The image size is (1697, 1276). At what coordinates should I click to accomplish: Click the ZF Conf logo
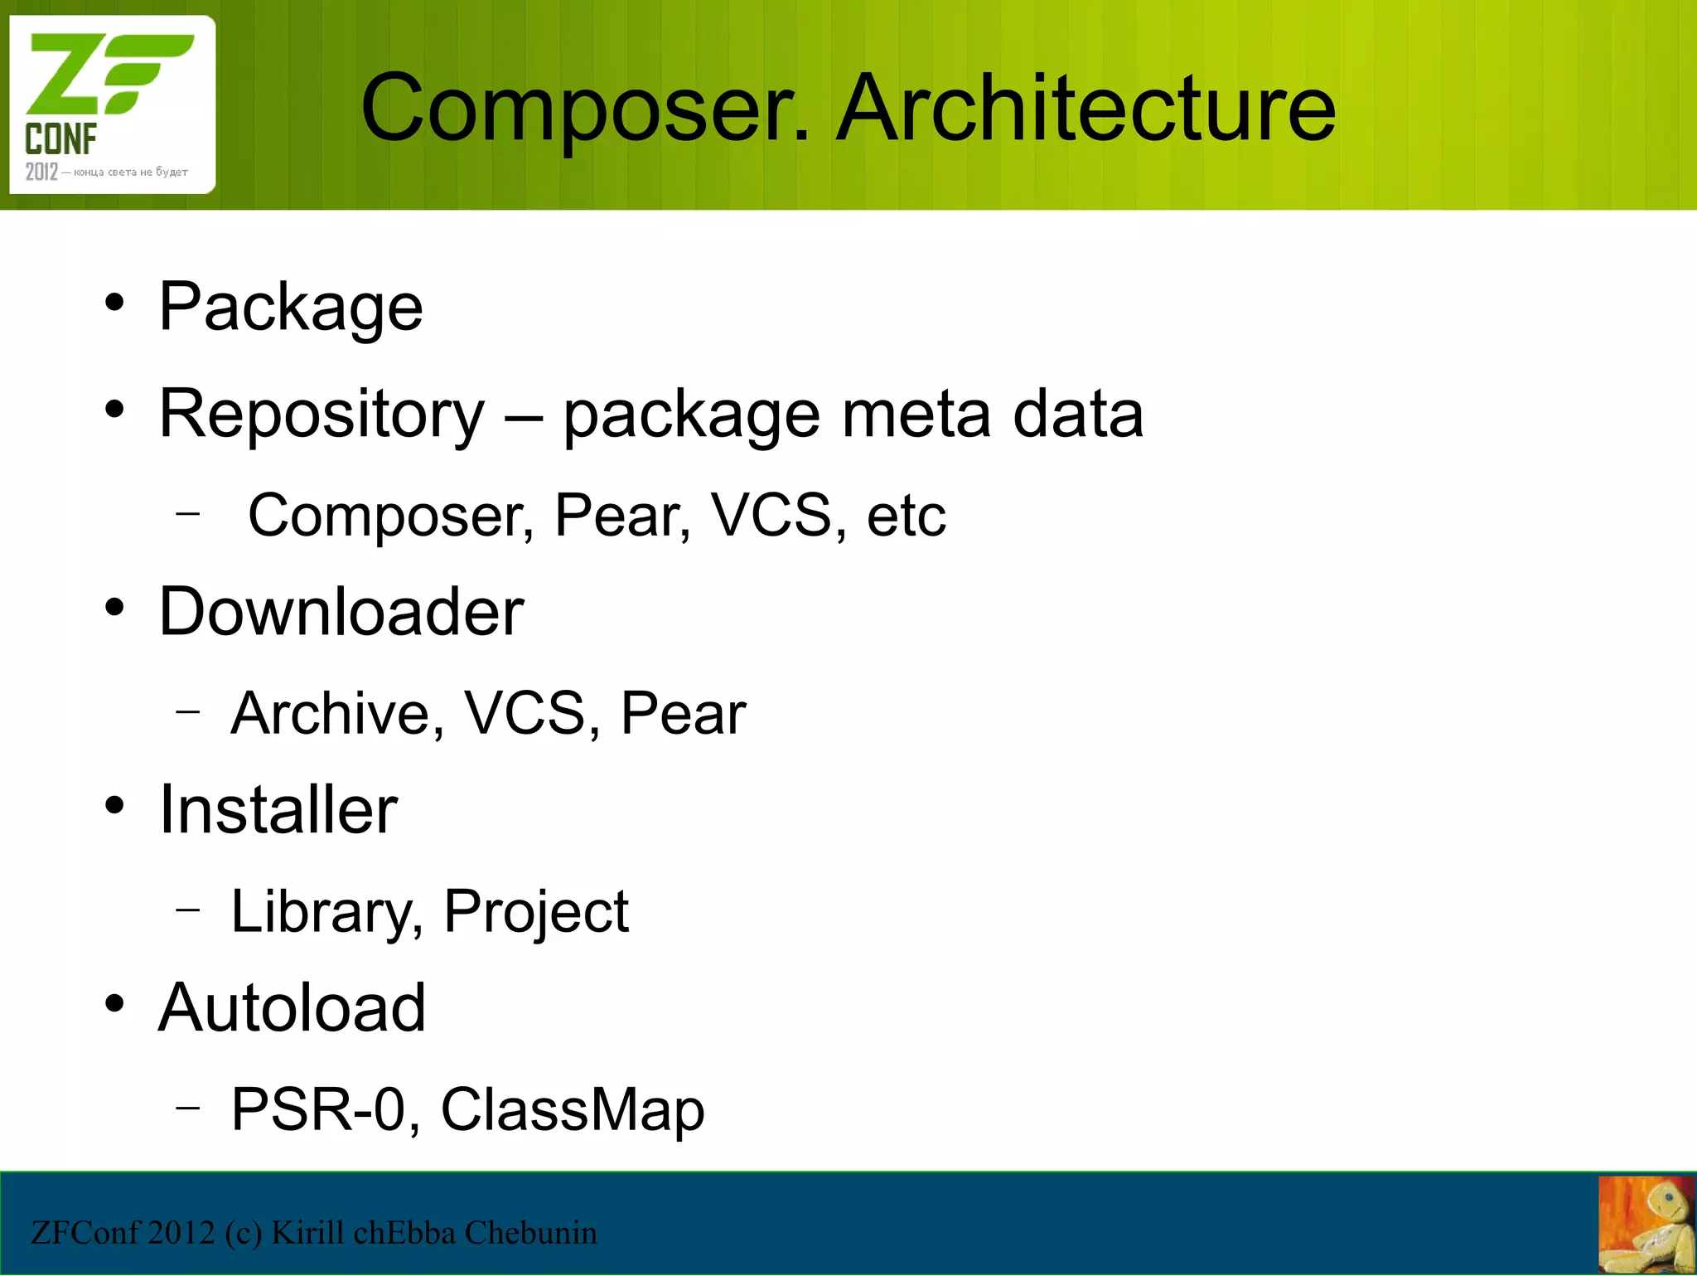point(112,104)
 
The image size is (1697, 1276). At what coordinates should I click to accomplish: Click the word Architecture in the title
point(1085,108)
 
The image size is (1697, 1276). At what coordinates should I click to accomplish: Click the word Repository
point(322,415)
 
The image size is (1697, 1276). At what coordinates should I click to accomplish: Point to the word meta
point(916,415)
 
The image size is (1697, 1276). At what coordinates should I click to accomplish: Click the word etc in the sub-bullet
point(906,516)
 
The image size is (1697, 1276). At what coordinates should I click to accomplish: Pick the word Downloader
point(341,612)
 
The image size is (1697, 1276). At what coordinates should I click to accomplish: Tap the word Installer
point(278,810)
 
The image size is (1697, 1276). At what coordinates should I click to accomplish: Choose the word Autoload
point(292,1008)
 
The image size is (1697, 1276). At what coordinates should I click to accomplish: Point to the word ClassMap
point(572,1109)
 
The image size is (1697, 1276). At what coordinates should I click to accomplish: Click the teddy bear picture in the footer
point(1646,1225)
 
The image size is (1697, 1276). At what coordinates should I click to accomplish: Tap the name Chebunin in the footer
point(530,1233)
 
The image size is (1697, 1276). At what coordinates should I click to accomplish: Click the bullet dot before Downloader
point(114,608)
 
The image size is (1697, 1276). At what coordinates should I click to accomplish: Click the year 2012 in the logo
point(41,172)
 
